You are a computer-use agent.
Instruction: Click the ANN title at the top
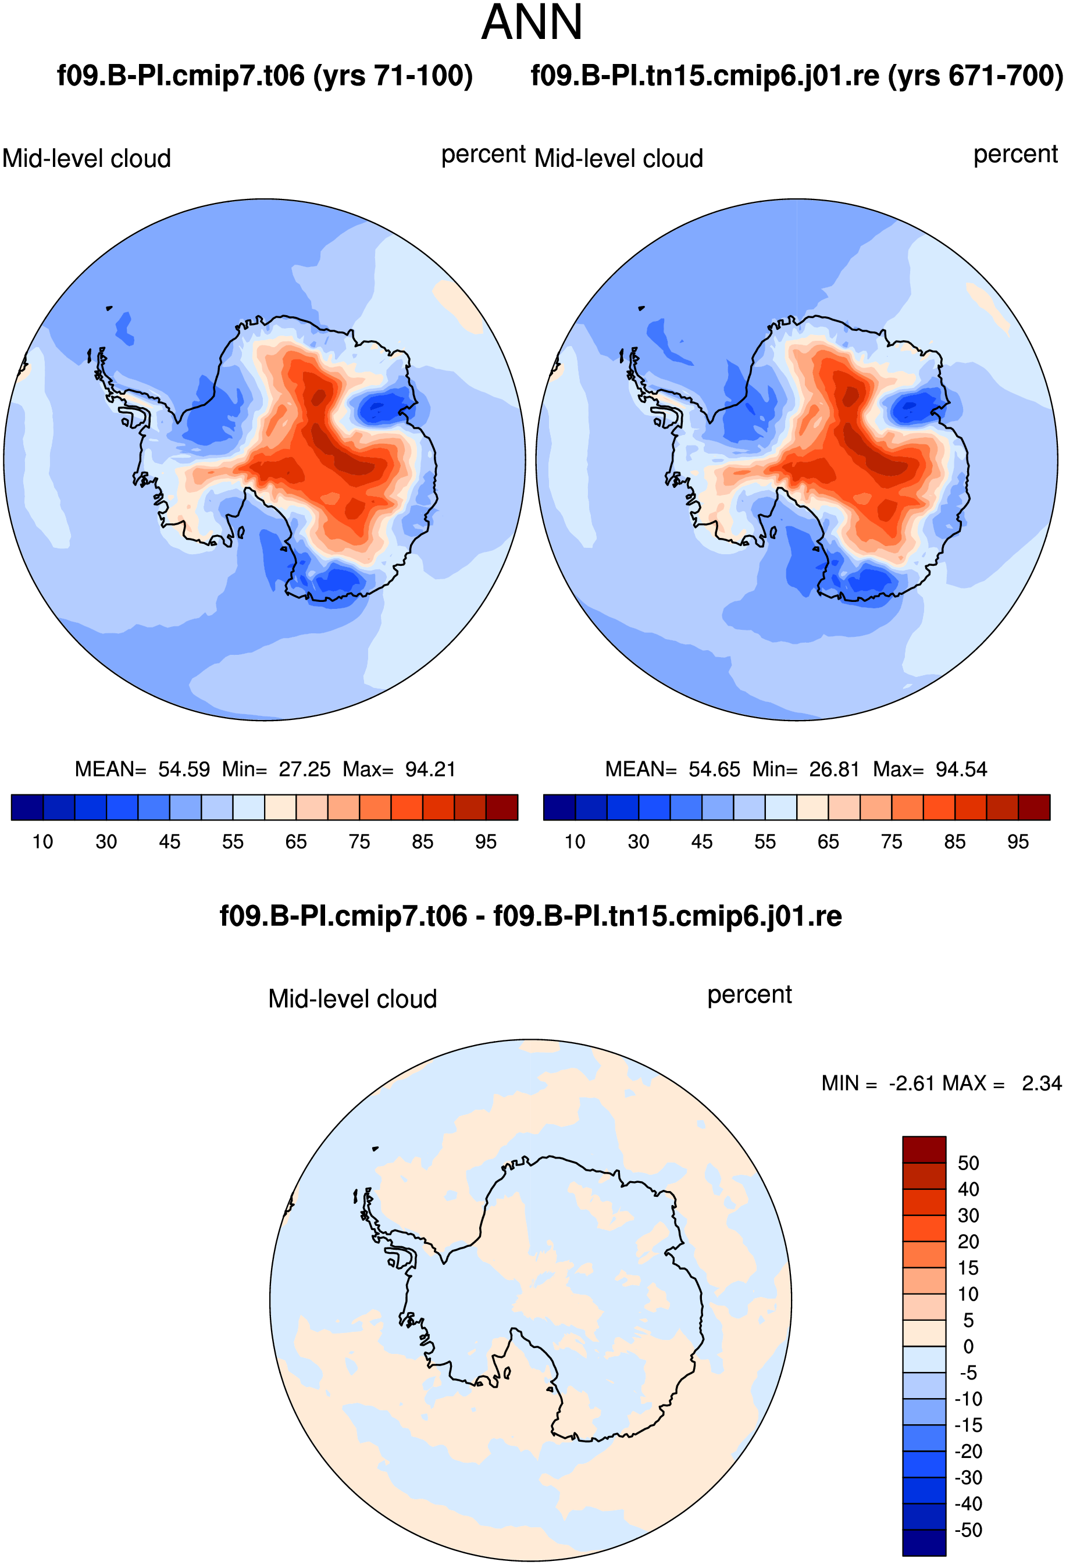[x=532, y=23]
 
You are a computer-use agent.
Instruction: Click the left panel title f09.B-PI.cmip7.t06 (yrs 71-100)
[x=265, y=76]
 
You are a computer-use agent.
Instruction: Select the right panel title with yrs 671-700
[x=797, y=76]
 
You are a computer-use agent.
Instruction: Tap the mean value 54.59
[x=184, y=769]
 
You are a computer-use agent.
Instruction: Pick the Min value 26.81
[x=835, y=769]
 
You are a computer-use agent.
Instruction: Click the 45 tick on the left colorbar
[x=170, y=842]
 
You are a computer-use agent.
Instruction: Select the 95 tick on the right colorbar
[x=1018, y=842]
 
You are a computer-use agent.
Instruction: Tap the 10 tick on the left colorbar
[x=42, y=842]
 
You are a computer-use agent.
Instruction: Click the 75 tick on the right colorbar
[x=892, y=842]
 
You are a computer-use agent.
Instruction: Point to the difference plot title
[x=530, y=917]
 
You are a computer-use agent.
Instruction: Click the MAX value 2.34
[x=1042, y=1083]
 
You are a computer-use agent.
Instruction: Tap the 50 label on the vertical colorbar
[x=968, y=1163]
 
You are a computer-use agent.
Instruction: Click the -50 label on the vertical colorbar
[x=968, y=1530]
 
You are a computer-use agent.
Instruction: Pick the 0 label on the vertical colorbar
[x=968, y=1347]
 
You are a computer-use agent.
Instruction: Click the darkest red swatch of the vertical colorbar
[x=924, y=1150]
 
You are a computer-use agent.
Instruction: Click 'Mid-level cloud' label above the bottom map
[x=353, y=999]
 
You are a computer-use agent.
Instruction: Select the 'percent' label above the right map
[x=1015, y=154]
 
